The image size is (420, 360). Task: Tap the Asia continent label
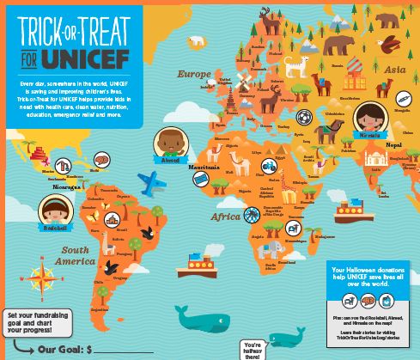coord(394,70)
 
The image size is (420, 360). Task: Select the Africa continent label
coord(228,216)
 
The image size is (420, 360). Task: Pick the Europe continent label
coord(193,75)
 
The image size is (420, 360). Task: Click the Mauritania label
coord(204,166)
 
